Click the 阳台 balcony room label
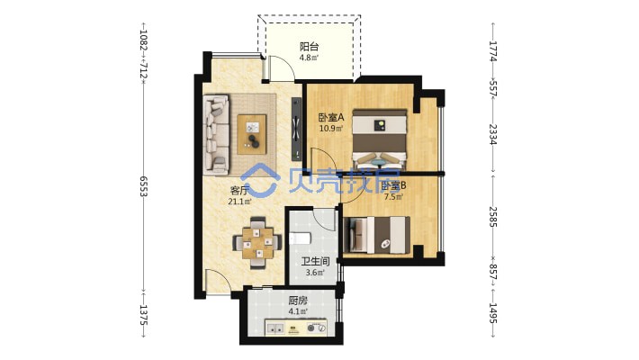pos(309,47)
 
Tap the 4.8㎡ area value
pos(309,58)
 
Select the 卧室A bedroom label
pos(331,118)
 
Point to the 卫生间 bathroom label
pos(315,261)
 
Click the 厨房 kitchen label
pos(298,301)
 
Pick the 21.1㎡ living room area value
pos(239,201)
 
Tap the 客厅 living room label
pos(239,191)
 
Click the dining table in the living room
pos(257,243)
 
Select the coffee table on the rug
pos(252,134)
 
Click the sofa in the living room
pos(216,135)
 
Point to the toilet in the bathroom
pos(300,238)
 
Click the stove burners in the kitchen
pos(317,328)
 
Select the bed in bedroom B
pos(377,234)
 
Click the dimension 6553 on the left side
pos(143,186)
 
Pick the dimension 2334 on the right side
pos(492,135)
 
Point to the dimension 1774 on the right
pos(492,50)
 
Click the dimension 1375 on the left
pos(143,315)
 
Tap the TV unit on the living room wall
pos(296,129)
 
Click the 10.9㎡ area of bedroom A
pos(331,129)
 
